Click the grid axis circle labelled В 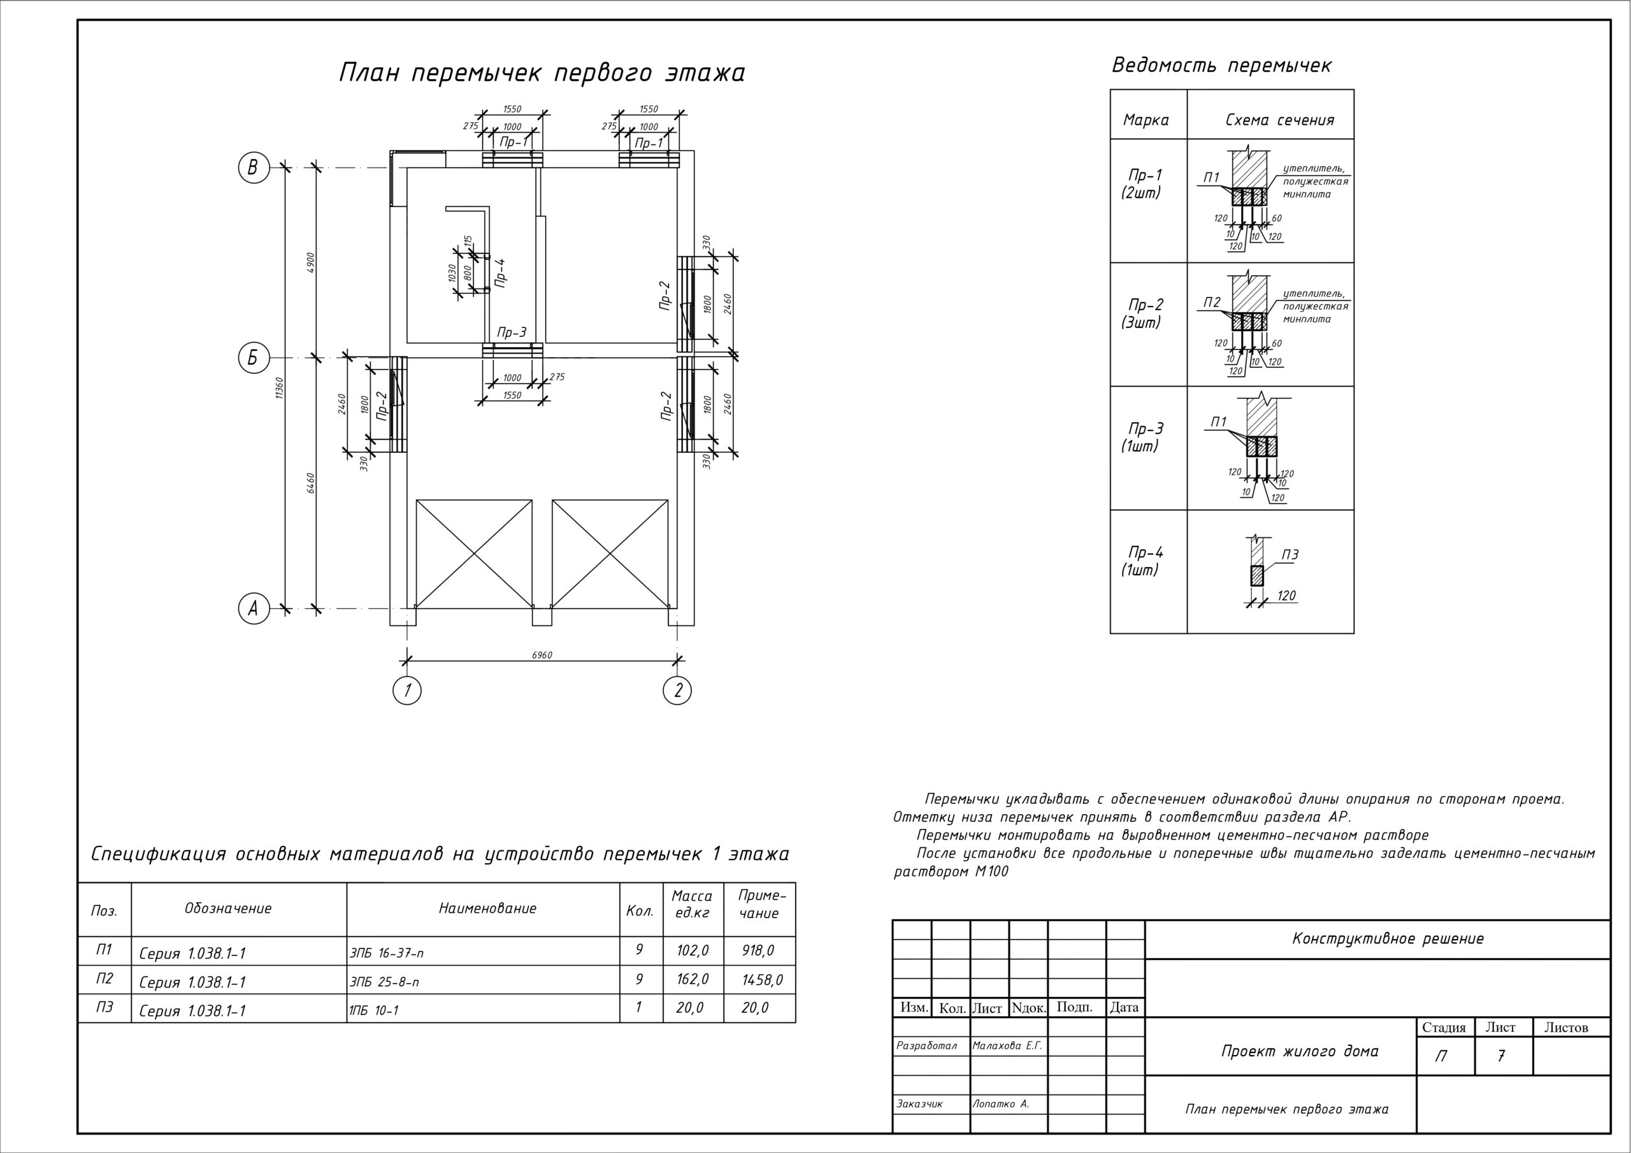pyautogui.click(x=253, y=168)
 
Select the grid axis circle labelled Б pyautogui.click(x=253, y=358)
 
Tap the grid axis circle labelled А pyautogui.click(x=253, y=608)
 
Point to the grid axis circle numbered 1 pyautogui.click(x=407, y=690)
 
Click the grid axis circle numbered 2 pyautogui.click(x=678, y=690)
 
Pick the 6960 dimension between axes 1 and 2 pyautogui.click(x=542, y=655)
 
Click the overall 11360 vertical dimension pyautogui.click(x=280, y=387)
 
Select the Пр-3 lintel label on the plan pyautogui.click(x=512, y=333)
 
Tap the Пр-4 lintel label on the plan pyautogui.click(x=501, y=272)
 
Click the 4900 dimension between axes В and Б pyautogui.click(x=310, y=262)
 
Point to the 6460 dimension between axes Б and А pyautogui.click(x=310, y=483)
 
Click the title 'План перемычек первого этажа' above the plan pyautogui.click(x=542, y=73)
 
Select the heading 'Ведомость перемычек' pyautogui.click(x=1221, y=66)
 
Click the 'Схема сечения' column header pyautogui.click(x=1279, y=120)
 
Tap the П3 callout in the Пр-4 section pyautogui.click(x=1290, y=555)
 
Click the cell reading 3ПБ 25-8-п pyautogui.click(x=384, y=982)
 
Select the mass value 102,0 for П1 pyautogui.click(x=692, y=950)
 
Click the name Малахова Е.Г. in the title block pyautogui.click(x=1007, y=1045)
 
